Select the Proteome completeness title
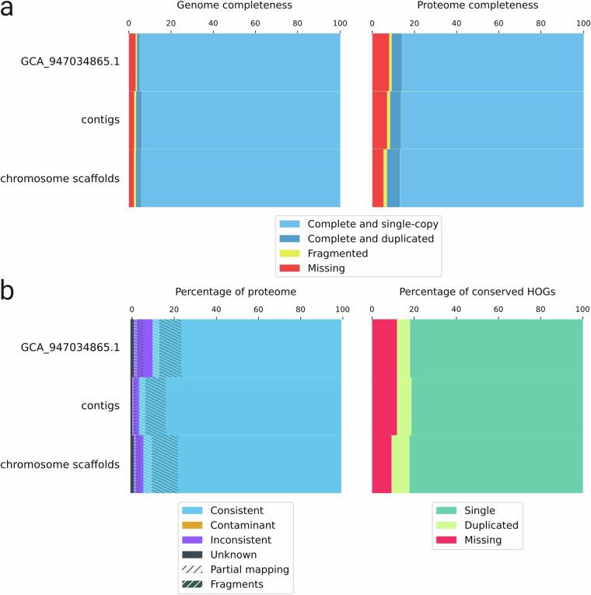[x=477, y=5]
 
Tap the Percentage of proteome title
[x=236, y=292]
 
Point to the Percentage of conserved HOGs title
[x=477, y=292]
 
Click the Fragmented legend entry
[x=337, y=254]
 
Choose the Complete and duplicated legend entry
[x=370, y=239]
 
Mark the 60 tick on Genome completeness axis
[x=255, y=25]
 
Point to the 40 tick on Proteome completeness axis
[x=456, y=25]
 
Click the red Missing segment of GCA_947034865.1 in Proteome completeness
[x=379, y=62]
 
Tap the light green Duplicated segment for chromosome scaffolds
[x=400, y=464]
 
